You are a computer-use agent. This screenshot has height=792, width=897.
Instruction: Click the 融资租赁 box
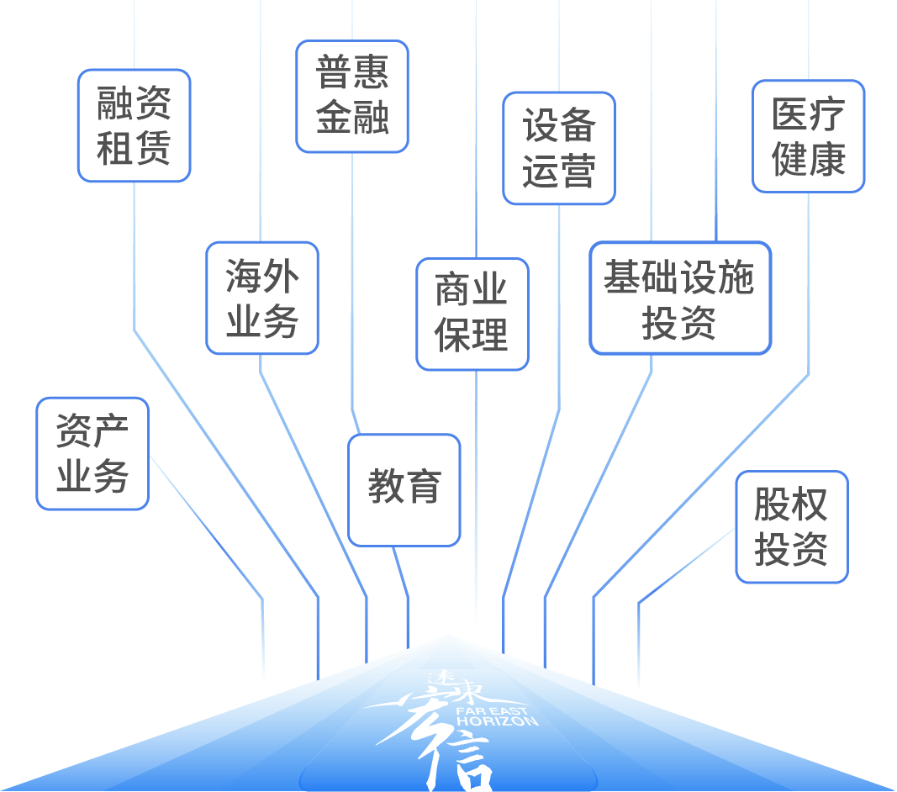[135, 125]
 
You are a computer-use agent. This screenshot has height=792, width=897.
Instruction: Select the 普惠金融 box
[352, 96]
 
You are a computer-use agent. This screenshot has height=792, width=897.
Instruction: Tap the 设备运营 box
[559, 148]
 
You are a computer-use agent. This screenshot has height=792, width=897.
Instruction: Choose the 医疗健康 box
[808, 136]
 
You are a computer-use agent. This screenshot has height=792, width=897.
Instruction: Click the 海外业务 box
[262, 298]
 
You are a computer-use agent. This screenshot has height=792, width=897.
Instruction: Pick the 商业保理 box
[472, 314]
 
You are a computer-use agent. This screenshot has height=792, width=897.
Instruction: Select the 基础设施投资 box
[679, 298]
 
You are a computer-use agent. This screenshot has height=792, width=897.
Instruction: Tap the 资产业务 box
[92, 453]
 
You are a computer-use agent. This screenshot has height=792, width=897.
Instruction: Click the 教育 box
[404, 488]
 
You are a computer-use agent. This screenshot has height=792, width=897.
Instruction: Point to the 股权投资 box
[791, 526]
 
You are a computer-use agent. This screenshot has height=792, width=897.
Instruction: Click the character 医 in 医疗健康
[789, 115]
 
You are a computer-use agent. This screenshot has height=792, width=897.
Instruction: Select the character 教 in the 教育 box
[386, 488]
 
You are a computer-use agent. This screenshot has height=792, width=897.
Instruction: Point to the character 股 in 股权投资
[773, 504]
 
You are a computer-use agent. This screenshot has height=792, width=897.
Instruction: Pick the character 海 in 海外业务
[244, 277]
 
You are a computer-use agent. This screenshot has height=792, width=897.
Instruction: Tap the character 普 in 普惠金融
[334, 73]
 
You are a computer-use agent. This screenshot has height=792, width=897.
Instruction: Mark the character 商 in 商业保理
[453, 291]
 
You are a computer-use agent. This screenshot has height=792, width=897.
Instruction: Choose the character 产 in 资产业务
[111, 432]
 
